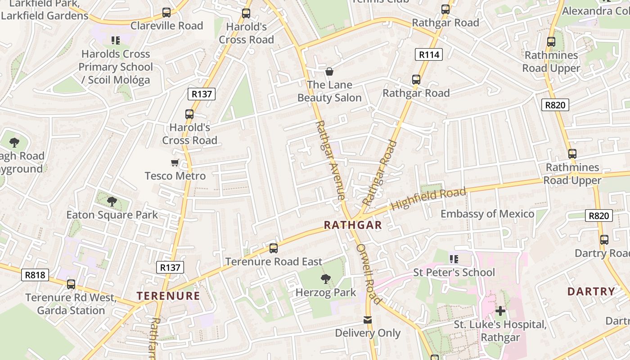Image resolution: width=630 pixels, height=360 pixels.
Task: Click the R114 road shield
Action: coord(429,55)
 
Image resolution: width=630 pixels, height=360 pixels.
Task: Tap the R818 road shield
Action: coord(35,274)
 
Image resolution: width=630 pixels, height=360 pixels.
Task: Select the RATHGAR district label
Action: coord(353,225)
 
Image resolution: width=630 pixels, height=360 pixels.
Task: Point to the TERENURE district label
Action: coord(168,296)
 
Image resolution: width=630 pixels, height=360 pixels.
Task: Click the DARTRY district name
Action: coord(591,291)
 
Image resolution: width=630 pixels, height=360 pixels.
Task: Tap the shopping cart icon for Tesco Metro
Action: coord(175,162)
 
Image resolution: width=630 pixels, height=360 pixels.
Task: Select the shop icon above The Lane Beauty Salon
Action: coord(329,71)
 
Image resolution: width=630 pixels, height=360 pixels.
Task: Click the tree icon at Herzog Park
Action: coord(326,279)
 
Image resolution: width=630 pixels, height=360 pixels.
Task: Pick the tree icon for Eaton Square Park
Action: coord(112,202)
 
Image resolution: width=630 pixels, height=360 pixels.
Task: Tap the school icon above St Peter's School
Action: coord(454,259)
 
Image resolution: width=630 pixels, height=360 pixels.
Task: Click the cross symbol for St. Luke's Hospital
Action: coord(500,310)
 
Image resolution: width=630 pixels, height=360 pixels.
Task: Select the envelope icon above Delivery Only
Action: coord(368,320)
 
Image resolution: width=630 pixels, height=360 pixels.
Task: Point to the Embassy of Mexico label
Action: coord(487,214)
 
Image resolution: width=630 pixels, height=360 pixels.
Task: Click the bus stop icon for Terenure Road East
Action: coord(273,248)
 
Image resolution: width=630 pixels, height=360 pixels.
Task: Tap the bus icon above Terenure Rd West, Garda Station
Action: coord(71,284)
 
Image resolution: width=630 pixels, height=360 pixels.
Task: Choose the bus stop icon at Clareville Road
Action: coord(166,13)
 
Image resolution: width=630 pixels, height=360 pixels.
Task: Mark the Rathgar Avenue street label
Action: coord(330,160)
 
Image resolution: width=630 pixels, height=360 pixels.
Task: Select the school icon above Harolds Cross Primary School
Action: coord(116,40)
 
